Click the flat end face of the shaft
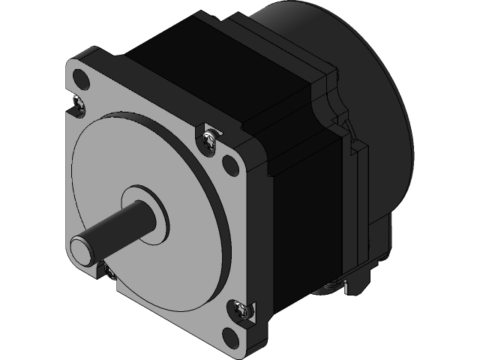(x=81, y=247)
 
